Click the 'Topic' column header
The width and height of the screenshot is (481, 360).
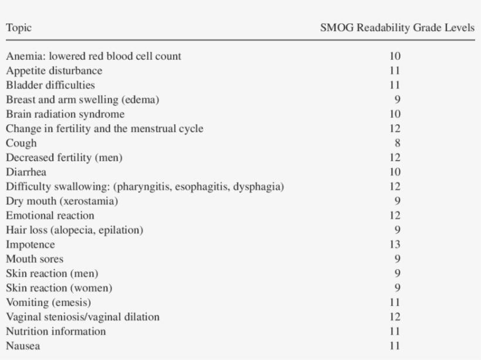[19, 28]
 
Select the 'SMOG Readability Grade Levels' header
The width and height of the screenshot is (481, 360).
[397, 28]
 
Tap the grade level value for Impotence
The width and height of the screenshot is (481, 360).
[395, 244]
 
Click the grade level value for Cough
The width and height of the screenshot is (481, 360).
[397, 143]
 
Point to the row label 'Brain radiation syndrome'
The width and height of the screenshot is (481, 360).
[65, 114]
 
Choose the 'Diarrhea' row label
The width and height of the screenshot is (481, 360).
[26, 172]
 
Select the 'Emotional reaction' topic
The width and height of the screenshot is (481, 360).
[50, 216]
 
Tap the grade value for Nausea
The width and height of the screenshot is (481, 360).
[395, 346]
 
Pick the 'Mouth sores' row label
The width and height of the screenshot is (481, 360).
[35, 259]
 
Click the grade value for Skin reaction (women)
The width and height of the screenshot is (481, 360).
[397, 288]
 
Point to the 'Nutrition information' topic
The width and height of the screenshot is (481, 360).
[56, 331]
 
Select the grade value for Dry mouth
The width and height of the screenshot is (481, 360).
[397, 201]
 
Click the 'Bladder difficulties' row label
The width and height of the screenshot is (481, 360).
[50, 85]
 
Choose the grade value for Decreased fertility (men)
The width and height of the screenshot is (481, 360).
[395, 158]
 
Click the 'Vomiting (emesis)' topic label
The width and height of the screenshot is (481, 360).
[48, 303]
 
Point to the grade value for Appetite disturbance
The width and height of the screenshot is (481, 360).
[395, 71]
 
